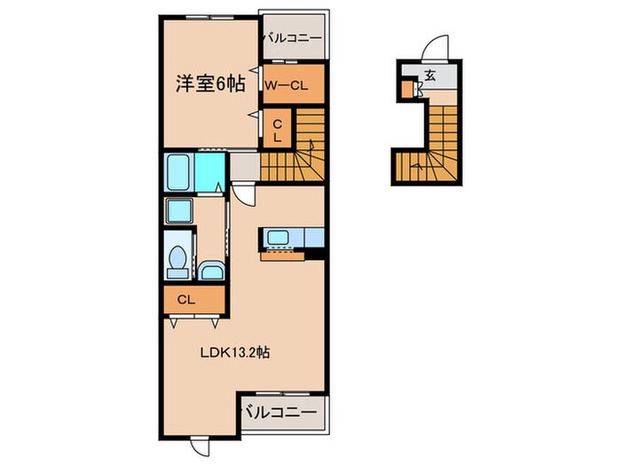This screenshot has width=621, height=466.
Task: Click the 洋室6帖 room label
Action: pyautogui.click(x=209, y=85)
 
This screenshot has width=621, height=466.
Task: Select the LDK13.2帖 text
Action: pyautogui.click(x=233, y=351)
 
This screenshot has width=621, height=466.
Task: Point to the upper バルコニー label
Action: pyautogui.click(x=292, y=38)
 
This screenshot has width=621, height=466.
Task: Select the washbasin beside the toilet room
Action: pyautogui.click(x=212, y=271)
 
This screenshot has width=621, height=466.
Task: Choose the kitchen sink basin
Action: pyautogui.click(x=276, y=237)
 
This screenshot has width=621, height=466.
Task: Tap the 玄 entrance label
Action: pyautogui.click(x=429, y=75)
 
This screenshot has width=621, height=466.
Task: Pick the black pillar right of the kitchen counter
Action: pyautogui.click(x=312, y=256)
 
